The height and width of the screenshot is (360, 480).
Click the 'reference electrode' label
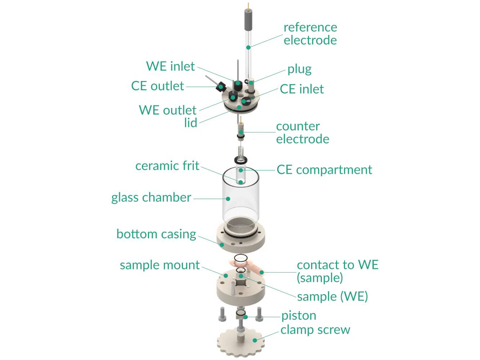(x=310, y=33)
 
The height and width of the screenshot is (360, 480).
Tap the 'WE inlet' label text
(x=170, y=66)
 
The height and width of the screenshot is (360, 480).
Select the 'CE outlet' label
(x=157, y=86)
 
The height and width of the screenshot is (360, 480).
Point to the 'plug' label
(x=299, y=69)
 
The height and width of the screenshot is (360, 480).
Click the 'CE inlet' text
(x=302, y=89)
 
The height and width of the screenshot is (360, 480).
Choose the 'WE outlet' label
(x=167, y=110)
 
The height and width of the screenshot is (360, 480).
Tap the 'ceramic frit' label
(x=167, y=166)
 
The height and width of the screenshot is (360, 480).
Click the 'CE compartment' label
(x=324, y=170)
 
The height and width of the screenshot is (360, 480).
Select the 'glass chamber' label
(x=151, y=197)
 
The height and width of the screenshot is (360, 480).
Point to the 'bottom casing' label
(x=156, y=234)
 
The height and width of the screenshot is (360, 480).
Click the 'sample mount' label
(x=160, y=265)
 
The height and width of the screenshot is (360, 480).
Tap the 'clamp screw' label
(x=315, y=329)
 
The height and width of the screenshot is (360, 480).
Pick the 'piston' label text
(x=299, y=315)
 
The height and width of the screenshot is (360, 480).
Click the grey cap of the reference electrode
(x=248, y=20)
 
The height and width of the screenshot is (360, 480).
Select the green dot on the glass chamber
(x=228, y=198)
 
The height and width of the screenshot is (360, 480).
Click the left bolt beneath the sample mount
(x=222, y=315)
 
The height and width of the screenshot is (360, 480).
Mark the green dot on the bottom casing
(x=222, y=244)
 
